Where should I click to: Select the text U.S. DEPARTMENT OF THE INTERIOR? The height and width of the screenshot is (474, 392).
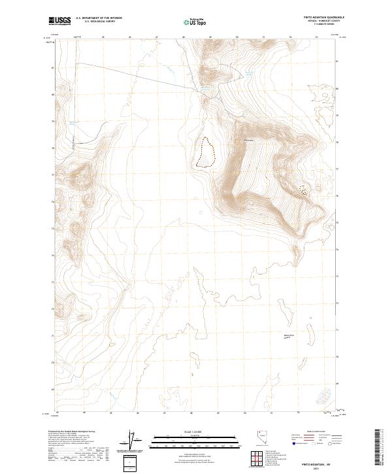(99, 18)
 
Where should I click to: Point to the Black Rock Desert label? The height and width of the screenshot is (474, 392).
(289, 337)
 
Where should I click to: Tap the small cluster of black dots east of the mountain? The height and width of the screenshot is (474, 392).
(302, 190)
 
